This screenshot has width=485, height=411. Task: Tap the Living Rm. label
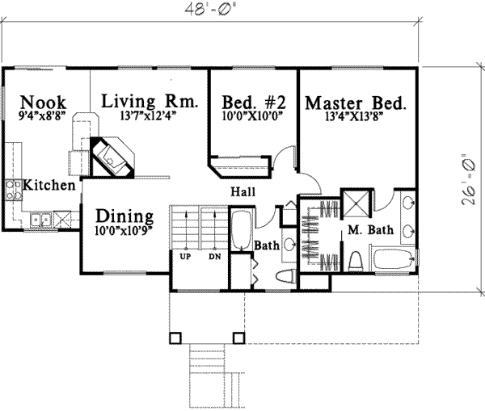point(150,102)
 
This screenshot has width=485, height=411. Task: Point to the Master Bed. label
point(355,103)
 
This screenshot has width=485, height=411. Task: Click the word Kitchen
point(49,185)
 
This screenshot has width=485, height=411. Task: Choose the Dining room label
point(124,216)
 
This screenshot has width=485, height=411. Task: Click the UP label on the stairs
point(185,256)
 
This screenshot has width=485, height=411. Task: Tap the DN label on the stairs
point(214,256)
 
